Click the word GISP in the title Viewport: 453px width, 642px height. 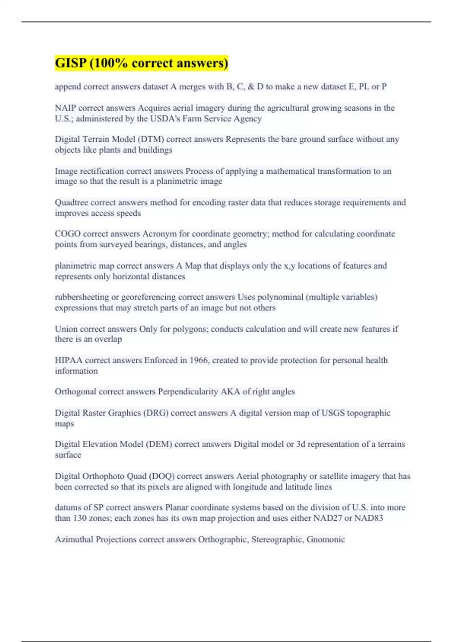71,63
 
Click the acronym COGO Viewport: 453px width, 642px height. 68,234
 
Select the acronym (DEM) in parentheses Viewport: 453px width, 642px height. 159,444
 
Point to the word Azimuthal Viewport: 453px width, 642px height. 74,539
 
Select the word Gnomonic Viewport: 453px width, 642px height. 325,539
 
